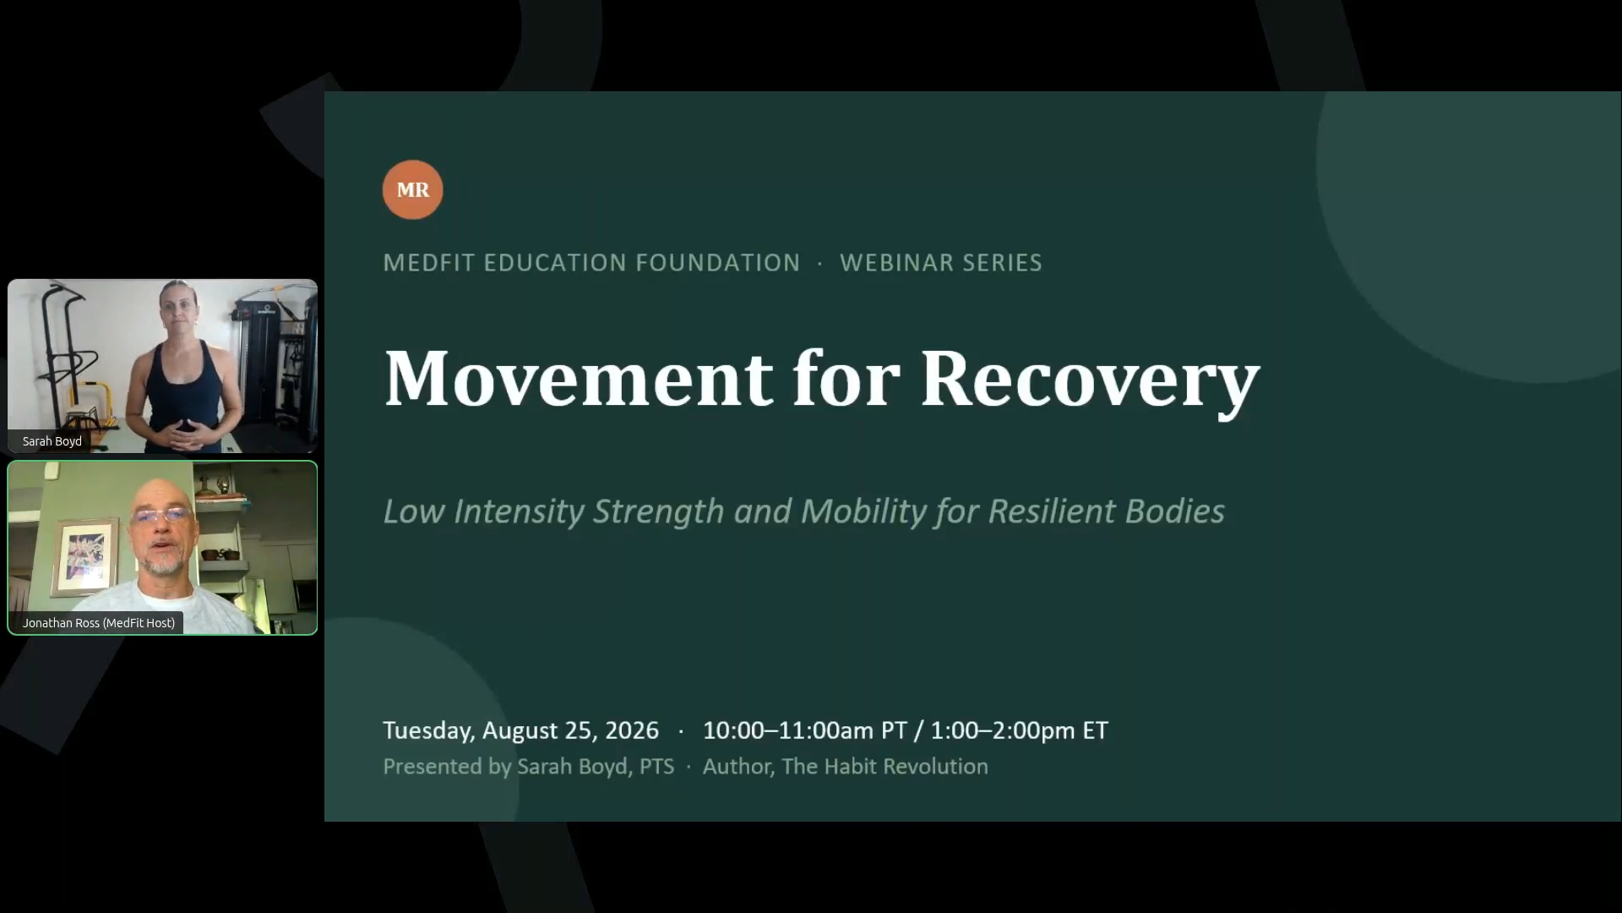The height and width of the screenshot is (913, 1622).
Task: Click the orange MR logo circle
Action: coord(412,189)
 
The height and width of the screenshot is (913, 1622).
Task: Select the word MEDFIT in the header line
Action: coord(429,262)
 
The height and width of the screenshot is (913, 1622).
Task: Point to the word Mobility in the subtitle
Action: coord(864,511)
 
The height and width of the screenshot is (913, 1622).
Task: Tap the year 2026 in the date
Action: coord(631,730)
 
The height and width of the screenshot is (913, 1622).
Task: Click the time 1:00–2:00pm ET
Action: coord(1019,730)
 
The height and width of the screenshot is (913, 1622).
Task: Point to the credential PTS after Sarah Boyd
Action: coord(656,766)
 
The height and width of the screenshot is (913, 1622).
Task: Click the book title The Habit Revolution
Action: coord(884,766)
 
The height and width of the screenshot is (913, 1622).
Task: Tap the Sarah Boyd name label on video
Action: coord(52,441)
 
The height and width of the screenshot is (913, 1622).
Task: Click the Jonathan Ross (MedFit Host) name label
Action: coord(99,623)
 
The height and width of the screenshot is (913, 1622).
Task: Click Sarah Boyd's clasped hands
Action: coord(188,435)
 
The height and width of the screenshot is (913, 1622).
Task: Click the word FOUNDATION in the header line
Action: coord(717,262)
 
